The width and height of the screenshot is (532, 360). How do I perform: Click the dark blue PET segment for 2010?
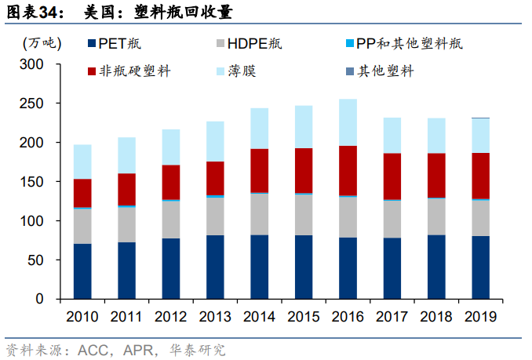(82, 271)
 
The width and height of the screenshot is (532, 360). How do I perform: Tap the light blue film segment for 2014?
(259, 129)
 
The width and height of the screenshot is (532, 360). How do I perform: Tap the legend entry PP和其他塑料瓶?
(404, 44)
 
